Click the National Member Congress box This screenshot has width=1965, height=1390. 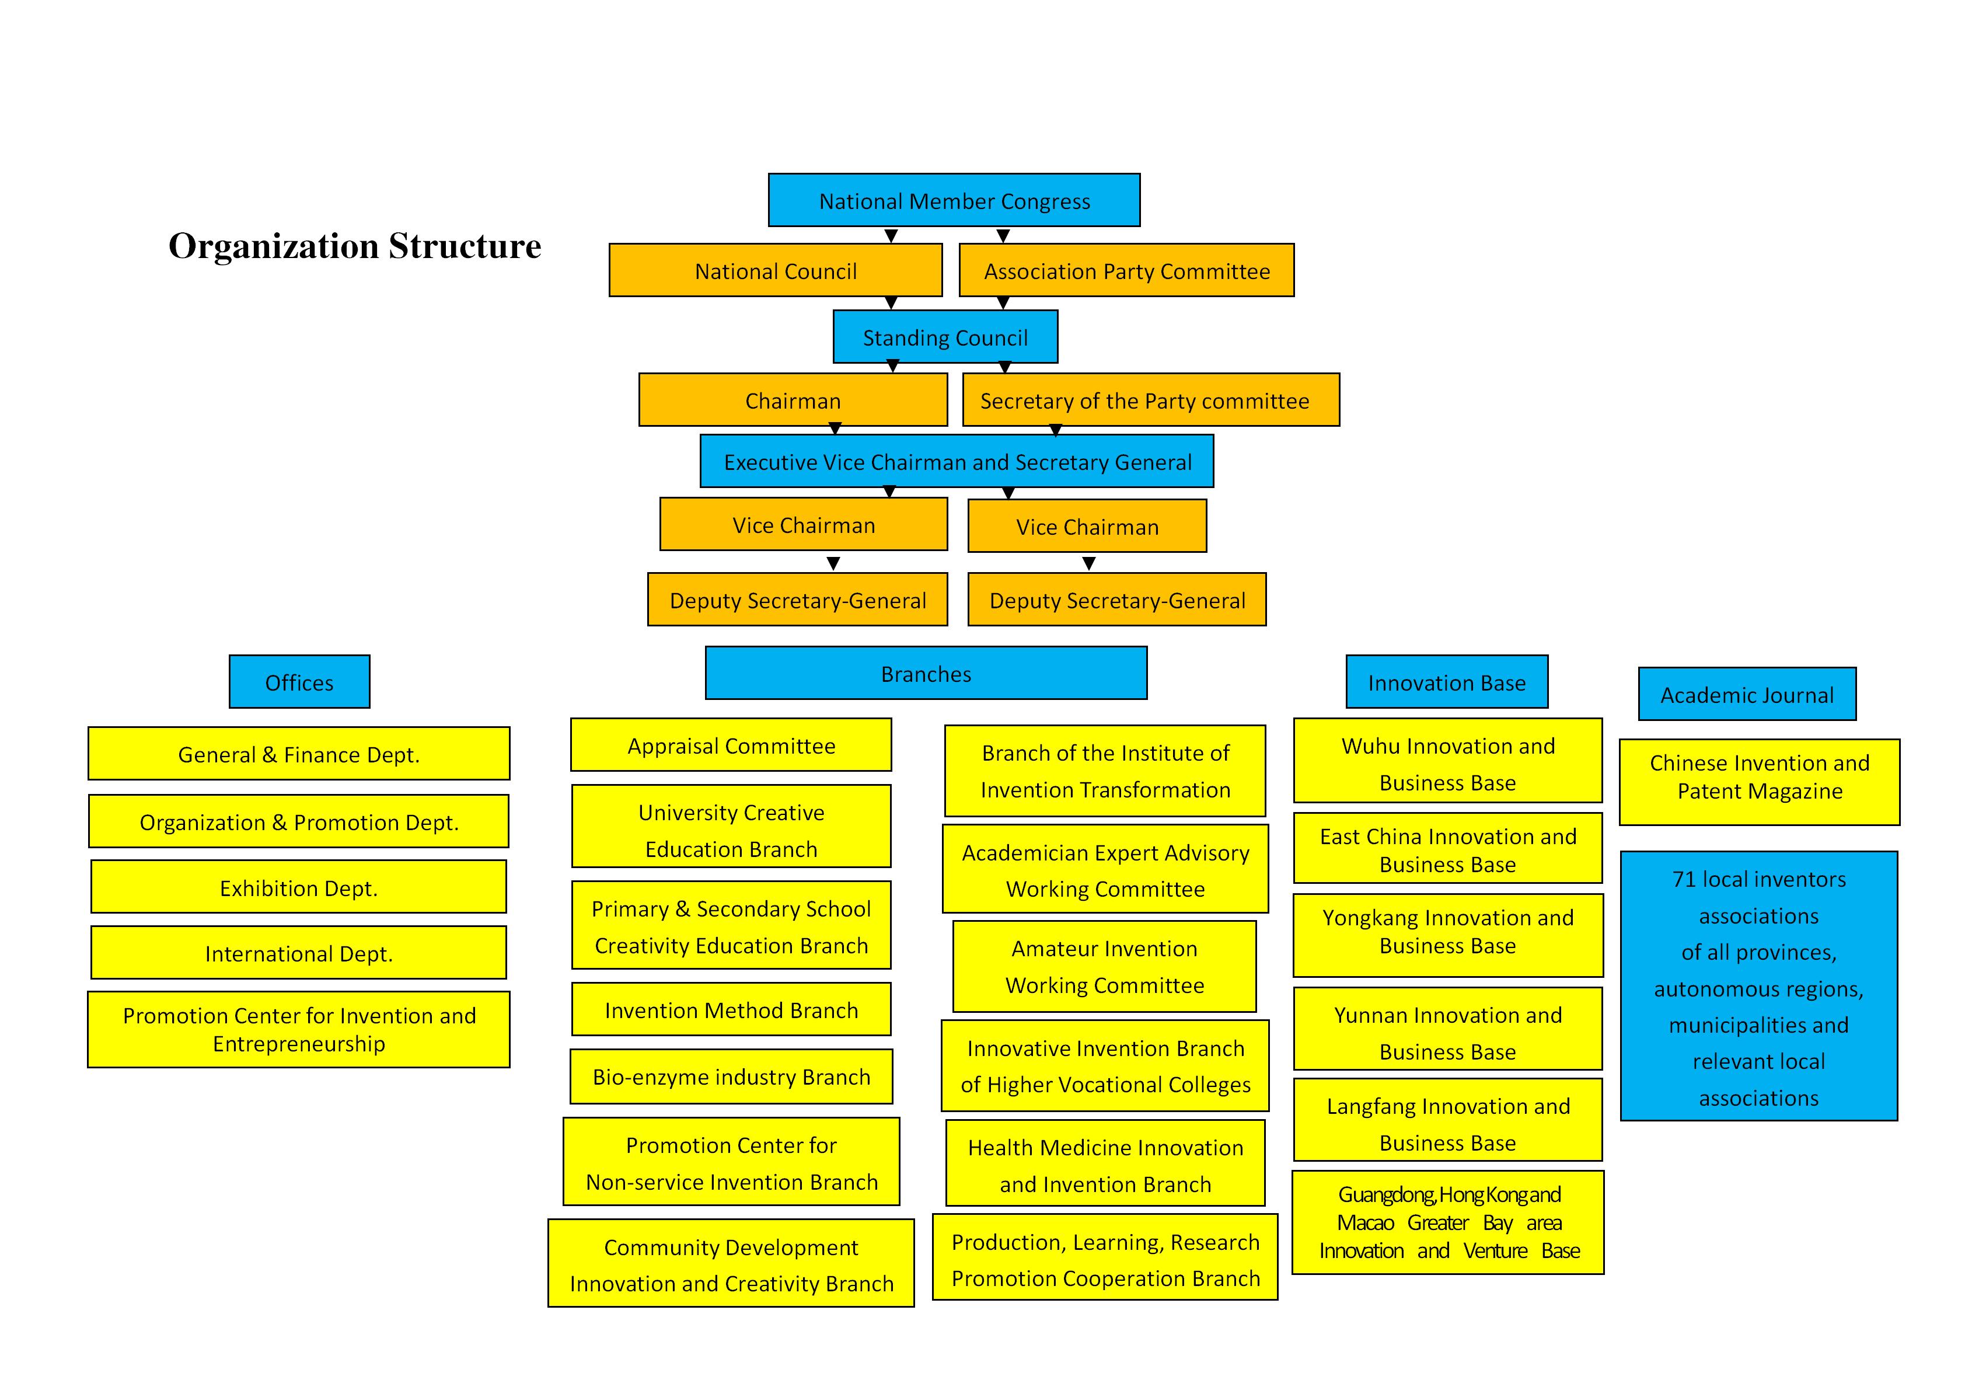(x=954, y=200)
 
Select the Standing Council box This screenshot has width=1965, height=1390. (x=945, y=336)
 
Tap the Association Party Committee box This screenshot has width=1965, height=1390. (x=1126, y=270)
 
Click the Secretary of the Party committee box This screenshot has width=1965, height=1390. (x=1150, y=400)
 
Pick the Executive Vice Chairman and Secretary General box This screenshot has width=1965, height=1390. (x=957, y=461)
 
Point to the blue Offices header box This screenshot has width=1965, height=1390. (x=299, y=682)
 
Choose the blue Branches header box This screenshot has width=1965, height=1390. (x=926, y=674)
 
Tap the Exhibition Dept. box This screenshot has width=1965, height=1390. (x=299, y=887)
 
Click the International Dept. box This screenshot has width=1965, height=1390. (x=299, y=953)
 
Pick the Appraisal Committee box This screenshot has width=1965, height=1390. (x=731, y=745)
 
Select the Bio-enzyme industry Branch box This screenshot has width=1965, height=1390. (x=731, y=1077)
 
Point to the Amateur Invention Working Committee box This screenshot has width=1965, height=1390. (x=1104, y=966)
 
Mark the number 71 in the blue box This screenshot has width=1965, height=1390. (x=1684, y=879)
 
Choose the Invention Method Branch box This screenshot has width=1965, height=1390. (x=731, y=1009)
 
